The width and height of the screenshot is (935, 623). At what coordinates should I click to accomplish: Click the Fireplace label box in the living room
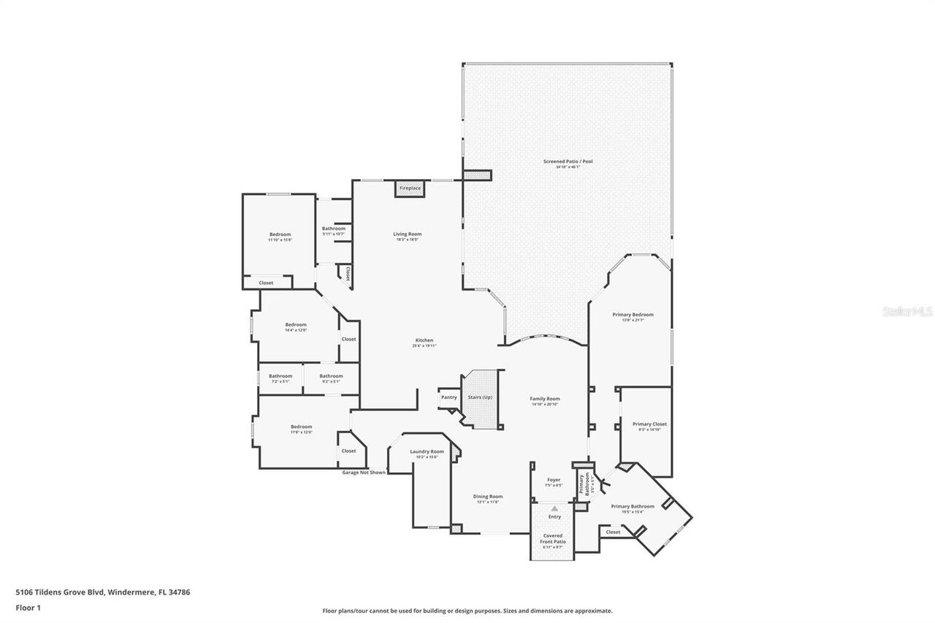point(410,188)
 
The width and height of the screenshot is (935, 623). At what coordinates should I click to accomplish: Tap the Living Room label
point(408,234)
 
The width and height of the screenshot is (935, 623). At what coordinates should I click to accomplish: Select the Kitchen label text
point(424,340)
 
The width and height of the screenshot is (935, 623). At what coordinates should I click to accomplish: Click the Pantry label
point(449,397)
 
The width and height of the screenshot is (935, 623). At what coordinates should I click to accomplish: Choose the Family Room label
point(544,399)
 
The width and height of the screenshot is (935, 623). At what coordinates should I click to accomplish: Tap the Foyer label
point(554,480)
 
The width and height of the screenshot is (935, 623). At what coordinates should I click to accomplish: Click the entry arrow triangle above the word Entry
point(554,508)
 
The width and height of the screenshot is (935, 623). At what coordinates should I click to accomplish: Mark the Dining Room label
point(488,497)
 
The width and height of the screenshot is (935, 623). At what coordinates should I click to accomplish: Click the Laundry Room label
point(427,451)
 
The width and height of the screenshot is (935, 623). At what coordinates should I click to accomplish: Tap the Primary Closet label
point(649,424)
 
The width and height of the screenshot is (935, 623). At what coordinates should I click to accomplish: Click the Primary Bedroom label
point(633,315)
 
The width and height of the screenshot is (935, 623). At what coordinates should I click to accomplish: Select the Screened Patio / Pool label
point(568,161)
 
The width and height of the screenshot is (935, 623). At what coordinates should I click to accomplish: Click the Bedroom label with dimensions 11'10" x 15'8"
point(280,234)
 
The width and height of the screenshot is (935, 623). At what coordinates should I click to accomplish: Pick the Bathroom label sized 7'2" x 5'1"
point(280,376)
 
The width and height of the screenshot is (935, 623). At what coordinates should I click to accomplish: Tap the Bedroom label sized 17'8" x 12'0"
point(301,427)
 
